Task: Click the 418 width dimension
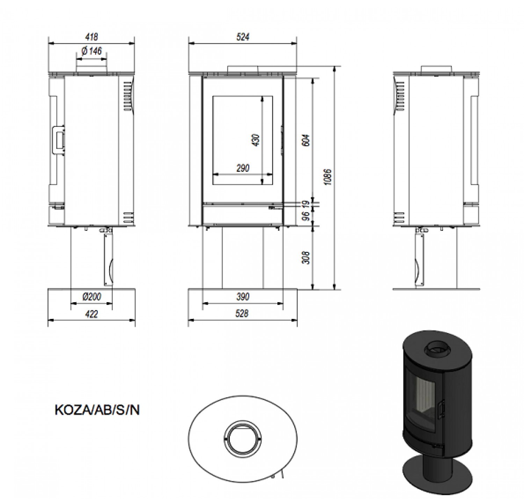pos(92,37)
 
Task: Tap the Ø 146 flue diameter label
pos(92,51)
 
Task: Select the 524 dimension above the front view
pos(242,37)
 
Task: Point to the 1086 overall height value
pos(328,177)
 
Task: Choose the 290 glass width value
pos(243,168)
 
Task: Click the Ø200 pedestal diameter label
pos(92,297)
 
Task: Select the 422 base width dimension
pos(92,314)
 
